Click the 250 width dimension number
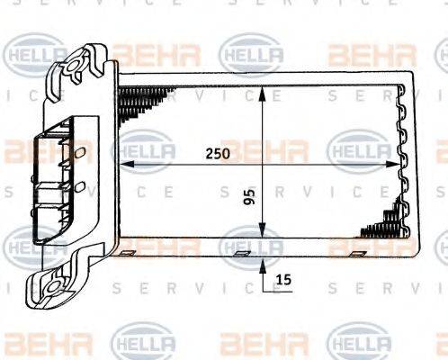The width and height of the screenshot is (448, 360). coord(217,153)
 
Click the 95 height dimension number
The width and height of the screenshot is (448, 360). coord(249,197)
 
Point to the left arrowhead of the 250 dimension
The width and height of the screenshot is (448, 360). coord(125,165)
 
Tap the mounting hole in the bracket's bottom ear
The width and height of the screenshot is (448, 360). coord(52,289)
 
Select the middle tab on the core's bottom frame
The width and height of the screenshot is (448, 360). coord(240,253)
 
